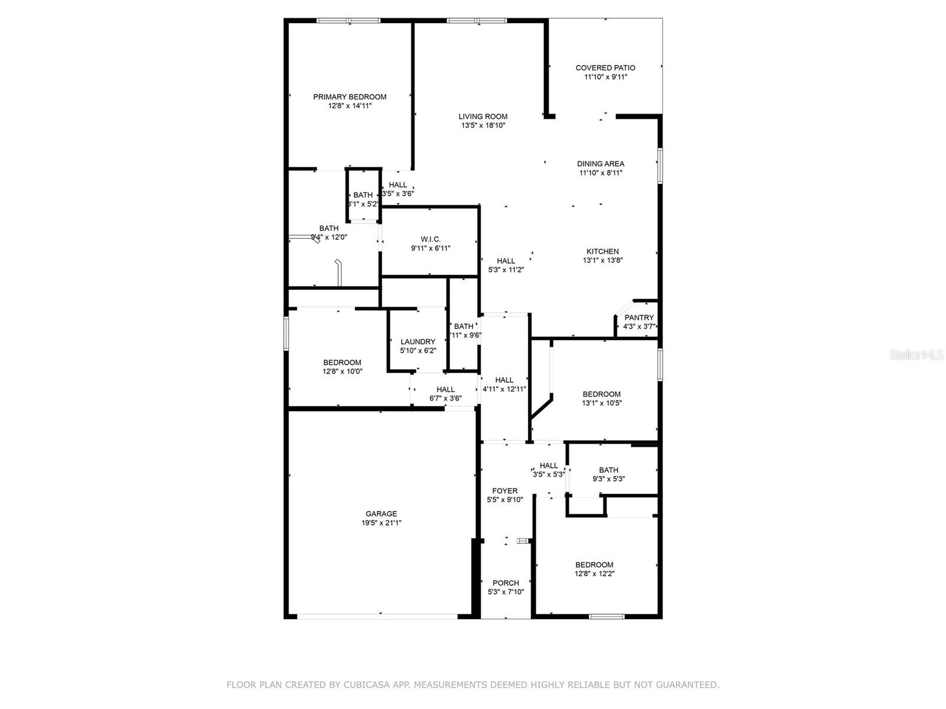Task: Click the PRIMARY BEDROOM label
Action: (x=349, y=97)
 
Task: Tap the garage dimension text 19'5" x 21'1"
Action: (x=381, y=523)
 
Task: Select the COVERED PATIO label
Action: (x=605, y=68)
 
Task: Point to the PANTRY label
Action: (x=639, y=318)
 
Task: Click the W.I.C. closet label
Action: (x=430, y=239)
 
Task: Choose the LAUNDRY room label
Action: (x=417, y=342)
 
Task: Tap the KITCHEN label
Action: (x=602, y=252)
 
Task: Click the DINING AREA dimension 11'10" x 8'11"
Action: (x=601, y=173)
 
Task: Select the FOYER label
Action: (x=504, y=491)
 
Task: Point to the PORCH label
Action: (x=506, y=583)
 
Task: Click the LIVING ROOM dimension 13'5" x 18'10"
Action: (x=483, y=126)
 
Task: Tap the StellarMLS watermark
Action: (x=917, y=355)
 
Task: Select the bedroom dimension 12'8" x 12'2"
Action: (x=594, y=574)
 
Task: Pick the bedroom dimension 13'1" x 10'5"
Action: (x=601, y=404)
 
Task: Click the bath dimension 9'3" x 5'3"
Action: (x=608, y=479)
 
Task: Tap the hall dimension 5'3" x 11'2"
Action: (x=506, y=270)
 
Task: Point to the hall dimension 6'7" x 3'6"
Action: (x=445, y=399)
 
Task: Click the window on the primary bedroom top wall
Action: (x=348, y=21)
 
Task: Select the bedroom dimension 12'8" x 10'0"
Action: (x=342, y=372)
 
